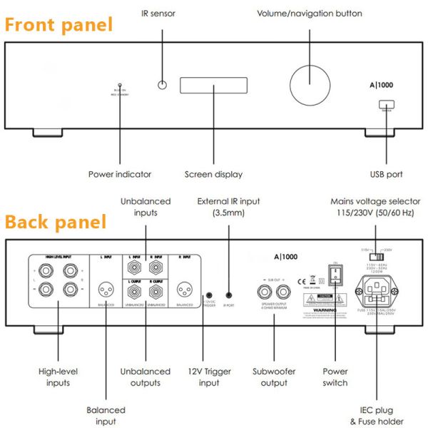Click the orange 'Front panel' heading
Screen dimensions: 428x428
[59, 25]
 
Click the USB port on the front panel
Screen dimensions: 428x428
[385, 105]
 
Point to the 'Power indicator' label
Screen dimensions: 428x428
[120, 174]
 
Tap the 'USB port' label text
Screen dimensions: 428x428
[386, 174]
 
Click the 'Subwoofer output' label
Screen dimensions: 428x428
[275, 377]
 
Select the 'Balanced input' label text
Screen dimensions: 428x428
[106, 415]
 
